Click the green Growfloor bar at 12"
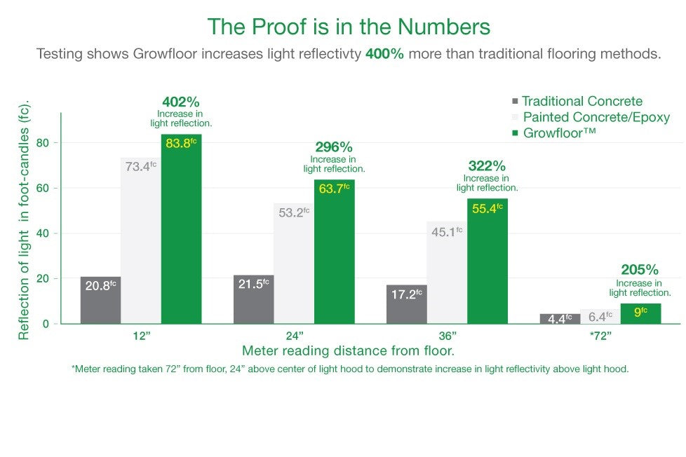click(181, 231)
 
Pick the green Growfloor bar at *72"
click(640, 314)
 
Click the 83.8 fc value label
click(181, 144)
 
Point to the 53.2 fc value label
click(294, 212)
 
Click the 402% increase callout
click(181, 102)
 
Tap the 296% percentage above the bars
click(334, 147)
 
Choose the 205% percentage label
click(640, 270)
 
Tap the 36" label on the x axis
click(448, 336)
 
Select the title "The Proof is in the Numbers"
click(349, 27)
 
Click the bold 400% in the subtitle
click(384, 54)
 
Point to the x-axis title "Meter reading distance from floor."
click(349, 351)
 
